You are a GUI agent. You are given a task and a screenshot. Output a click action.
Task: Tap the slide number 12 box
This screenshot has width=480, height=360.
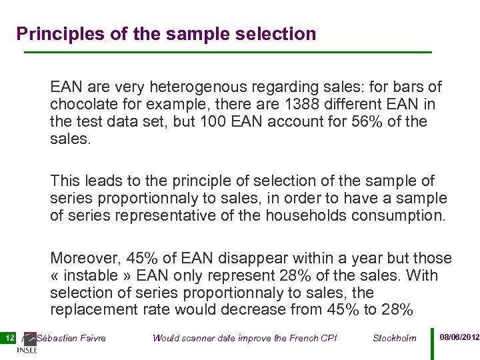point(9,338)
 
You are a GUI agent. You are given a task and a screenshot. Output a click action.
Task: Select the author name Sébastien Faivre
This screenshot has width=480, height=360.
point(71,338)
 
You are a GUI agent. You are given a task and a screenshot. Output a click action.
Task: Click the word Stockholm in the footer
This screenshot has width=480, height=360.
point(395,338)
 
